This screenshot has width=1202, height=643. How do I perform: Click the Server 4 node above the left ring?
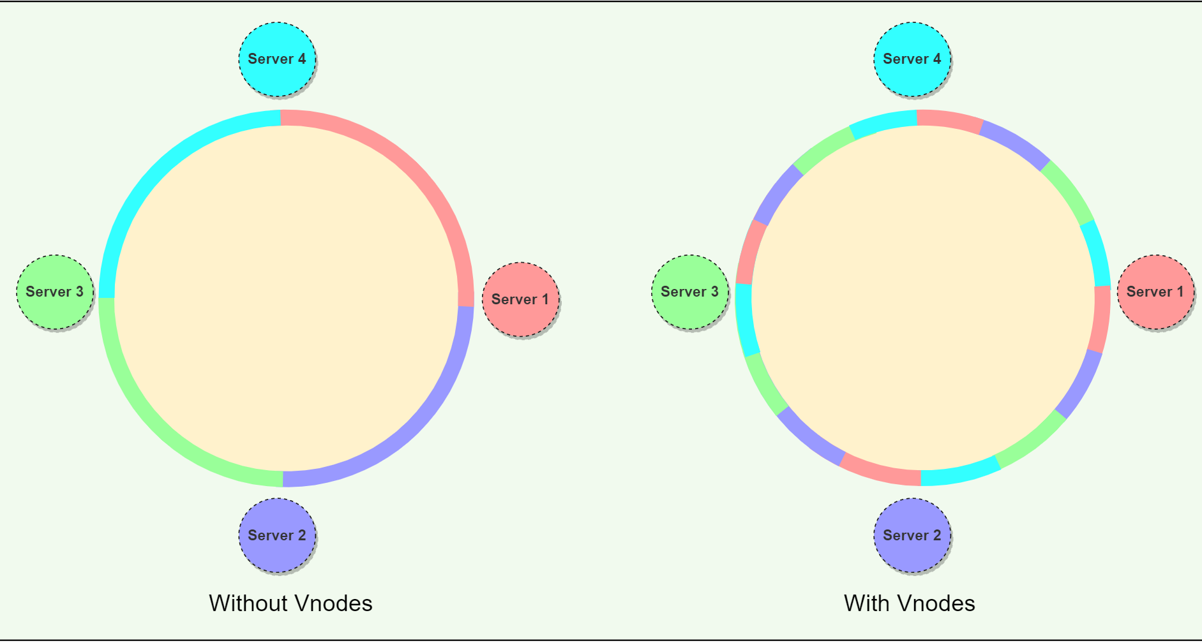pyautogui.click(x=277, y=59)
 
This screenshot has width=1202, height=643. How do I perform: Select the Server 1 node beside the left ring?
pyautogui.click(x=520, y=299)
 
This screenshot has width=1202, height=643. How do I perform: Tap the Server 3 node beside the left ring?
pyautogui.click(x=55, y=292)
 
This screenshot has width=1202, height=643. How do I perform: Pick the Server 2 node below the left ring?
pyautogui.click(x=277, y=535)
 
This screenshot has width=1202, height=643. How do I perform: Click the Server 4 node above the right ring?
pyautogui.click(x=912, y=59)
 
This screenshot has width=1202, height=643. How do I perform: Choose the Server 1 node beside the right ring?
pyautogui.click(x=1155, y=292)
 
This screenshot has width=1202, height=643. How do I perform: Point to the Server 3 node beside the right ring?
pyautogui.click(x=690, y=292)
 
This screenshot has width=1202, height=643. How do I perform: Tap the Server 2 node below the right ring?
pyautogui.click(x=912, y=535)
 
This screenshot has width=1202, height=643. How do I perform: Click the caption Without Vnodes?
pyautogui.click(x=290, y=603)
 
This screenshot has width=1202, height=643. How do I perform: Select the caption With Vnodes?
pyautogui.click(x=909, y=603)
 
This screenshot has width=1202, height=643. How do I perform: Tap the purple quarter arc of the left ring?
pyautogui.click(x=409, y=427)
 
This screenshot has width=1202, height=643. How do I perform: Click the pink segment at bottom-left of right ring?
pyautogui.click(x=880, y=470)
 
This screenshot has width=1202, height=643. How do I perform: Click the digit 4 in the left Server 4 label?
pyautogui.click(x=302, y=59)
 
